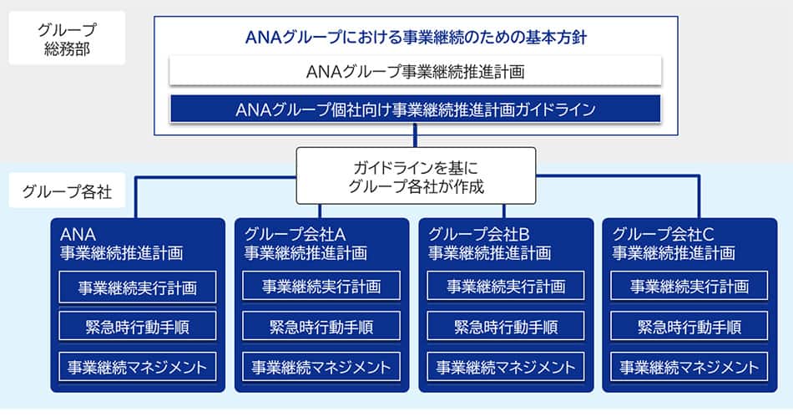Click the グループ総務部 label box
[67, 38]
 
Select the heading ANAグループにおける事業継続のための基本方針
[415, 38]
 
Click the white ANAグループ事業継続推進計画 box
[415, 72]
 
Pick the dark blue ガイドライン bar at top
[415, 109]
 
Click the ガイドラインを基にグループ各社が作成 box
[416, 175]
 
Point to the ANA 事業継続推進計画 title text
[121, 242]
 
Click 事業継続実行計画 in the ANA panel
[138, 287]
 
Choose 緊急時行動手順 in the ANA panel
[138, 327]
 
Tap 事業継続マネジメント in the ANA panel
[138, 366]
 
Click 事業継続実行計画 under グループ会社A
[321, 287]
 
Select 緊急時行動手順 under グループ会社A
[321, 327]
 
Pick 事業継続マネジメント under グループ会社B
[506, 366]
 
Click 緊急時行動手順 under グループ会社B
[506, 327]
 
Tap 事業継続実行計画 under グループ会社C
[689, 287]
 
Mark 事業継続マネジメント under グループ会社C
[689, 366]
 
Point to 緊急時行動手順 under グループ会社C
[689, 327]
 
